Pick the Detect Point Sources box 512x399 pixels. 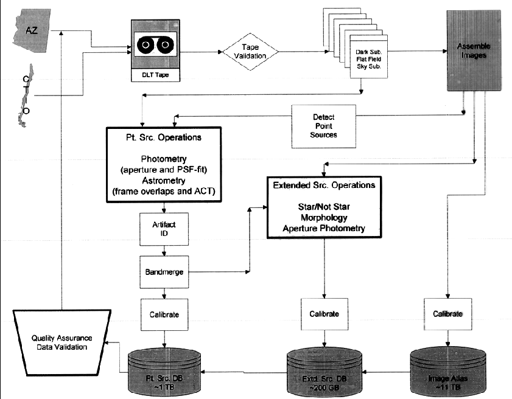[x=323, y=125]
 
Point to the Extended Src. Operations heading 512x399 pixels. [x=324, y=185]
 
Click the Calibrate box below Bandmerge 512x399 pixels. [x=163, y=314]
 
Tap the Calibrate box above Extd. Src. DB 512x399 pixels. [x=324, y=314]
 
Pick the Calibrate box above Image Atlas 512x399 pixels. [x=447, y=314]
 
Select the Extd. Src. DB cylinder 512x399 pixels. [x=323, y=371]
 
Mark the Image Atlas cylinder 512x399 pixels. [x=448, y=371]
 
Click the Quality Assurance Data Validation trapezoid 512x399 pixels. [x=59, y=344]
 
